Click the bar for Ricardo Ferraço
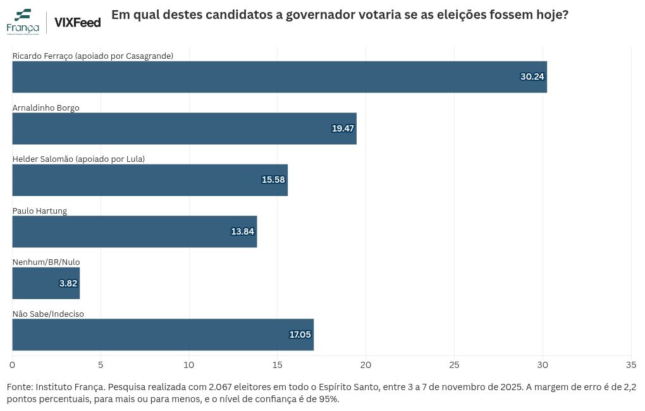click(x=279, y=77)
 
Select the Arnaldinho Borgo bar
click(x=184, y=128)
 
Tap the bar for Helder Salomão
click(x=150, y=180)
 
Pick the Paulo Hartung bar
click(x=135, y=231)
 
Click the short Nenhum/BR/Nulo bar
click(x=46, y=283)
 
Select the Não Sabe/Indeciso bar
click(x=163, y=334)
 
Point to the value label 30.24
click(x=532, y=77)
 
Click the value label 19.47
click(x=343, y=128)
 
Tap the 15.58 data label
click(x=273, y=180)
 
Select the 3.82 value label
click(x=68, y=283)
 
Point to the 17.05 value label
click(x=300, y=334)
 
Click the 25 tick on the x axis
click(x=454, y=365)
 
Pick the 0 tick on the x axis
click(x=13, y=365)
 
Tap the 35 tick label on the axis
click(x=631, y=365)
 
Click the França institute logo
click(x=23, y=21)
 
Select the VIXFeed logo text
click(x=78, y=22)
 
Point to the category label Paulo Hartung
click(x=39, y=211)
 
